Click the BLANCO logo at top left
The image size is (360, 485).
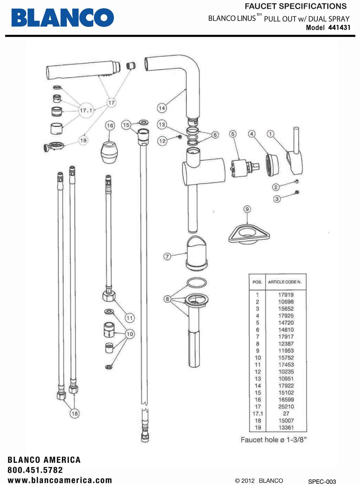pyautogui.click(x=62, y=17)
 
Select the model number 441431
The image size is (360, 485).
pyautogui.click(x=339, y=27)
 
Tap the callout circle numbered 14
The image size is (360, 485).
pyautogui.click(x=162, y=108)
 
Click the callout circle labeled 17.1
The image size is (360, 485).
pyautogui.click(x=86, y=111)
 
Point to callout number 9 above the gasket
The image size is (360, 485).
pyautogui.click(x=247, y=209)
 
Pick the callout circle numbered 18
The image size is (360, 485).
pyautogui.click(x=74, y=413)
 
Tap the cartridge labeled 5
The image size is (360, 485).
pyautogui.click(x=241, y=168)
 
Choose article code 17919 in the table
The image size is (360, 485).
pyautogui.click(x=286, y=295)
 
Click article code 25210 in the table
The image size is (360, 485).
pyautogui.click(x=286, y=406)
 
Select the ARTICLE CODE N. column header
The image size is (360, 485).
pyautogui.click(x=284, y=282)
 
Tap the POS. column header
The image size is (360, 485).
pyautogui.click(x=257, y=282)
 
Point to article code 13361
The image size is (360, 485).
pyautogui.click(x=286, y=427)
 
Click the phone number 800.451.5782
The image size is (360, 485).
pyautogui.click(x=35, y=470)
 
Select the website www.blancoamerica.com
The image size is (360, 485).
pyautogui.click(x=60, y=480)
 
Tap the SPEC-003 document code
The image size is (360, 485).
pyautogui.click(x=322, y=481)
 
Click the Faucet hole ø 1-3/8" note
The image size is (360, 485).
pyautogui.click(x=273, y=440)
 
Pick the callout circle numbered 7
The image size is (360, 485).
pyautogui.click(x=167, y=256)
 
